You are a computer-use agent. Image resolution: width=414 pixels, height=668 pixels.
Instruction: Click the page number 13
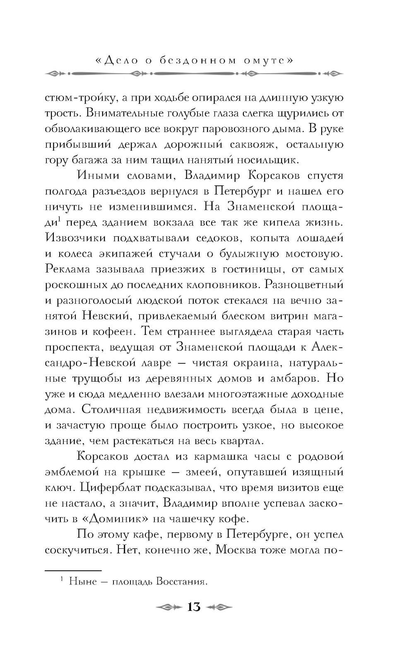(x=194, y=607)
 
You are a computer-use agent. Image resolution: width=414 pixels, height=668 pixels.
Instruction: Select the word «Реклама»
(x=67, y=269)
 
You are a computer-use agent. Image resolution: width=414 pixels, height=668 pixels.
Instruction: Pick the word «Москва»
(x=237, y=550)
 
